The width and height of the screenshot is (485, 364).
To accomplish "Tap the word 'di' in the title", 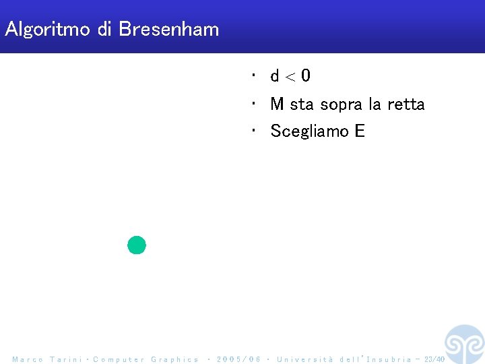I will (105, 29).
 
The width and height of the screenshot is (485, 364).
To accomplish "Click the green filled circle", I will (137, 245).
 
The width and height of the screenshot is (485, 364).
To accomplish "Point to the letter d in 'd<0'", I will (275, 76).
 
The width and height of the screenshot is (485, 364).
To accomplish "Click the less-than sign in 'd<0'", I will (290, 77).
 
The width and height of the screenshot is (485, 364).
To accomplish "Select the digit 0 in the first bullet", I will (306, 76).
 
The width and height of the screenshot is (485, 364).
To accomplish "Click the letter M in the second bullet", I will (277, 104).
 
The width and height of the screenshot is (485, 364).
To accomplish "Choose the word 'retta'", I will (406, 104).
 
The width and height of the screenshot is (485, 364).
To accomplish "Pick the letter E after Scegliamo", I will (359, 131).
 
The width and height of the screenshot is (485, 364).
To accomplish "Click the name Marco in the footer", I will (28, 359).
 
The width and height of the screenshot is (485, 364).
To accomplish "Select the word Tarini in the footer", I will (66, 359).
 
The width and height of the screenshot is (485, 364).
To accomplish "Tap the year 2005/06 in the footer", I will (239, 359).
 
